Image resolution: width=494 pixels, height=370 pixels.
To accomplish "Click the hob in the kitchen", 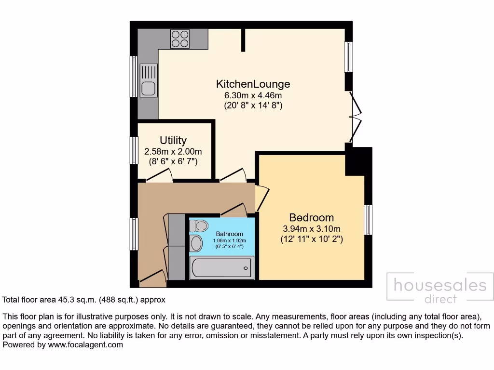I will pyautogui.click(x=180, y=38).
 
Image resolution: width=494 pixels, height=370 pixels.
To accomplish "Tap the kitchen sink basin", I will pyautogui.click(x=148, y=89).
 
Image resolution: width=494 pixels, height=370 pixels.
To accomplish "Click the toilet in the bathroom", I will pyautogui.click(x=198, y=225).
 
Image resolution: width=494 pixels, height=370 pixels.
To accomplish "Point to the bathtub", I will pyautogui.click(x=221, y=267).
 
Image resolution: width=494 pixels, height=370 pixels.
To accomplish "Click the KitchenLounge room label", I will pyautogui.click(x=253, y=84).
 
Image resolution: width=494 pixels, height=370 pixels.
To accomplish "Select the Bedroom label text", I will pyautogui.click(x=311, y=217).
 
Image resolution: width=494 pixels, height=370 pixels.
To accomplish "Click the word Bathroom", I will pyautogui.click(x=229, y=234).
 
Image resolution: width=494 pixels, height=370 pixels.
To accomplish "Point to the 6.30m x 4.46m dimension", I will pyautogui.click(x=253, y=95).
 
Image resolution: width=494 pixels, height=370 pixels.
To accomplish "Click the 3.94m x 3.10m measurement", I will pyautogui.click(x=311, y=228).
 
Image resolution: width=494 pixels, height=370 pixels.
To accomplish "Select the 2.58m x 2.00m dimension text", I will pyautogui.click(x=173, y=151).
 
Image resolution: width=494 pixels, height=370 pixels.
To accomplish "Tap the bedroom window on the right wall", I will pyautogui.click(x=368, y=220).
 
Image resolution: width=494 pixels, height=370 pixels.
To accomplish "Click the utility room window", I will pyautogui.click(x=134, y=150).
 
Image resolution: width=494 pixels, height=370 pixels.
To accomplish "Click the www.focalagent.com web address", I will pyautogui.click(x=85, y=345).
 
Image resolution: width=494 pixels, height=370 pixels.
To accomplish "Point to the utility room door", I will pyautogui.click(x=159, y=177).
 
